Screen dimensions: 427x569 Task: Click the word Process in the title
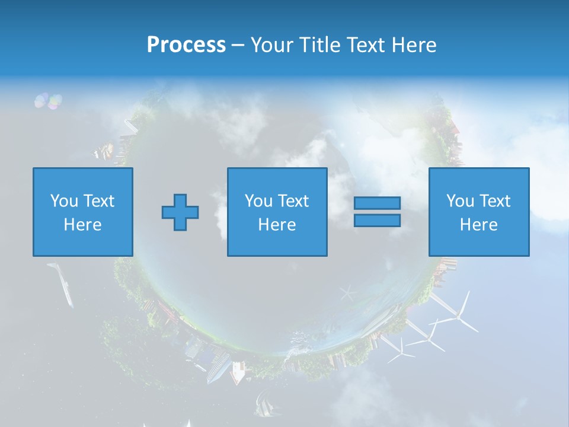[186, 44]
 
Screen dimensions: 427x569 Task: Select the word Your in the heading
[273, 44]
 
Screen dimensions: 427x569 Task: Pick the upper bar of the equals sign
[377, 203]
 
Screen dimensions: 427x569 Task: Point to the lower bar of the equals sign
[377, 221]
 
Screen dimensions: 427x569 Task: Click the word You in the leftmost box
[64, 201]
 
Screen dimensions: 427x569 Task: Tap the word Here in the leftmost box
[82, 225]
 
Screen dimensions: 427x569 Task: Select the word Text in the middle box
[293, 201]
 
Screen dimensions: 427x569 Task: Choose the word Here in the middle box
[277, 225]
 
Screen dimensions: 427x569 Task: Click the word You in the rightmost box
[460, 201]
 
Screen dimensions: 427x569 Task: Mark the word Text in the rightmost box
[495, 201]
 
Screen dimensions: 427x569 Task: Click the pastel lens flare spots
[48, 101]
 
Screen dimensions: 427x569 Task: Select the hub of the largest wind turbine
[457, 318]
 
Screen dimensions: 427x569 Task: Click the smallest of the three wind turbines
[401, 352]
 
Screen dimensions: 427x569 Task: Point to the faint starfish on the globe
[348, 292]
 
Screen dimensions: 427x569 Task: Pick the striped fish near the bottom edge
[263, 406]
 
